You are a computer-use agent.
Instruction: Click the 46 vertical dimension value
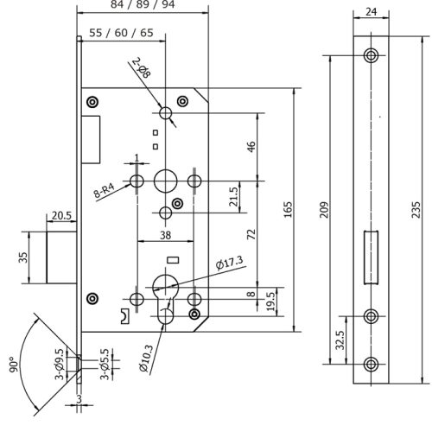tap(251, 146)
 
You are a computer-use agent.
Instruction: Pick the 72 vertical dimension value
tap(251, 233)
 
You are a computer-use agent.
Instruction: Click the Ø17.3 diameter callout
tap(229, 261)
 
